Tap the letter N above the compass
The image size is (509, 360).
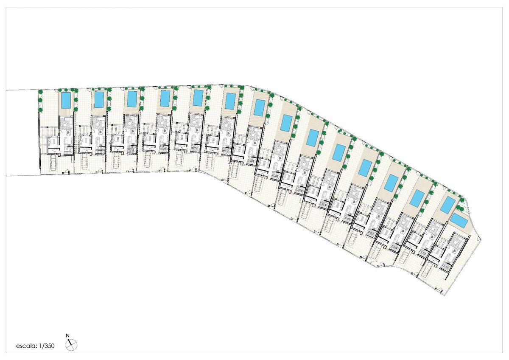pos(67,335)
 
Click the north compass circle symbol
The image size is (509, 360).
pos(71,345)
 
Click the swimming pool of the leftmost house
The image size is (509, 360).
pos(66,100)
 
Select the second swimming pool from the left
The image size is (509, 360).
pos(99,100)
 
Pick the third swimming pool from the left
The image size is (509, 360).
pos(132,99)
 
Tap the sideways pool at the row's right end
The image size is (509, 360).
pos(459,221)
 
